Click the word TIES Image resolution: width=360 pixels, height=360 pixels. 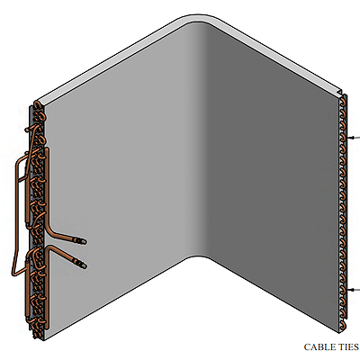tap(349, 347)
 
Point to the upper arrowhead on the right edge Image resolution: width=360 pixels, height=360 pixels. tap(350, 138)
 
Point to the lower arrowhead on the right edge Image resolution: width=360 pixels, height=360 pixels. tap(350, 290)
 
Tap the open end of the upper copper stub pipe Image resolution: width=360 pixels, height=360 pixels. tap(83, 241)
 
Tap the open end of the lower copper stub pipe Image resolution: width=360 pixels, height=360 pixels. tap(83, 265)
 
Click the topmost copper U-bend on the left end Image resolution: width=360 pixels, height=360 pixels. tap(39, 105)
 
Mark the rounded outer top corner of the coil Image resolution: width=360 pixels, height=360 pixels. tap(198, 15)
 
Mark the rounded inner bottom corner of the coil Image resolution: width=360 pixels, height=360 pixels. tap(197, 256)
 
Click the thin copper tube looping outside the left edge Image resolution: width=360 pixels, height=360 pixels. tap(16, 215)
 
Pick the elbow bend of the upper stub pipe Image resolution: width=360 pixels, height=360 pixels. tap(49, 229)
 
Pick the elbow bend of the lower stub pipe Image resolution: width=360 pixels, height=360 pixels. tap(50, 248)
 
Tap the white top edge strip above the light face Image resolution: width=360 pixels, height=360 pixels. tap(111, 59)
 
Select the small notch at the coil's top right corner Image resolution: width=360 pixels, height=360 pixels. tap(339, 93)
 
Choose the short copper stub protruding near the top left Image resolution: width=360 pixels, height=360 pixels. tap(30, 129)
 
